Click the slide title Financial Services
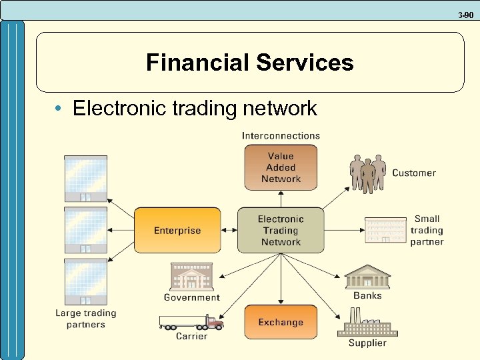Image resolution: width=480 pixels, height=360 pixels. click(x=249, y=63)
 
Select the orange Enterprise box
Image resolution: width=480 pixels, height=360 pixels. click(x=177, y=231)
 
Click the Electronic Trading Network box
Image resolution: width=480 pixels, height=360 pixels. click(x=281, y=231)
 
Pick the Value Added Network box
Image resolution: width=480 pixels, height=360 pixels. click(x=281, y=168)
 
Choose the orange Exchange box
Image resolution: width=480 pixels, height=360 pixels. click(x=281, y=322)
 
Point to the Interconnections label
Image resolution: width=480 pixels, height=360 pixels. click(x=281, y=135)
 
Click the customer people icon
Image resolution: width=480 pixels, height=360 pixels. click(x=368, y=173)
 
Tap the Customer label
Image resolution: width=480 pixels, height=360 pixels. click(x=414, y=173)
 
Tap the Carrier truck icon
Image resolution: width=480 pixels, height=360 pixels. click(x=191, y=323)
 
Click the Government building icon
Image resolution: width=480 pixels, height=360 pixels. click(x=191, y=277)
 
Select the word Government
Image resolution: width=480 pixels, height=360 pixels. click(x=192, y=297)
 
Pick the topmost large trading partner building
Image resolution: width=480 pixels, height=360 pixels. click(x=85, y=178)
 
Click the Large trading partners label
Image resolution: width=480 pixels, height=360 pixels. click(x=85, y=319)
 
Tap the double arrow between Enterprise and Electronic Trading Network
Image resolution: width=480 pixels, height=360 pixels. click(x=229, y=231)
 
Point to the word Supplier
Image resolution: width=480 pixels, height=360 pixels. click(x=367, y=343)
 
